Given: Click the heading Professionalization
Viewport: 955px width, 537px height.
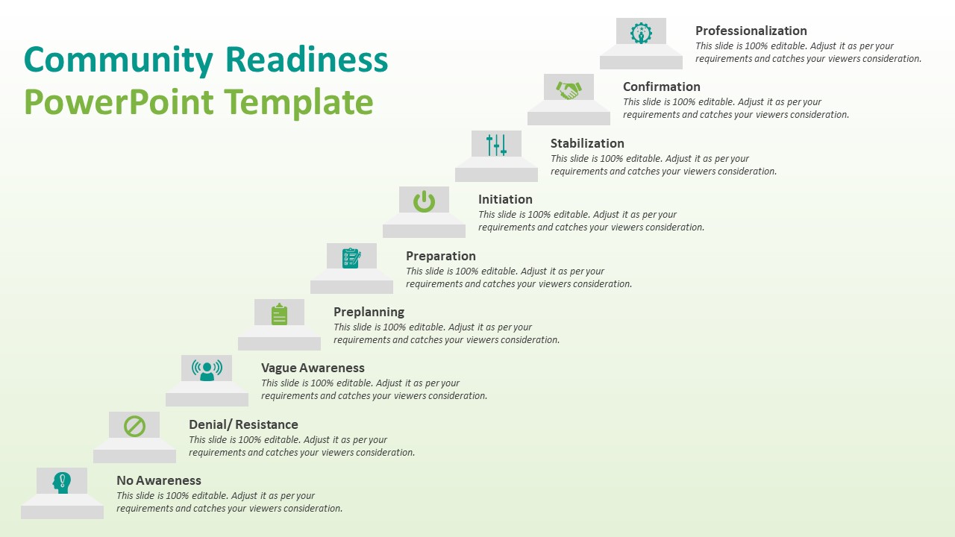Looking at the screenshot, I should [751, 31].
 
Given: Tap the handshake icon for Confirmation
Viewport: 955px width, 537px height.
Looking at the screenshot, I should [569, 89].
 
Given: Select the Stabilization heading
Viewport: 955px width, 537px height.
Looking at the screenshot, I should [587, 143].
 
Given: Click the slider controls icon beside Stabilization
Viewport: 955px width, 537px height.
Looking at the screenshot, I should [496, 145].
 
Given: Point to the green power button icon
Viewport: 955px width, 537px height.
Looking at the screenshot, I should [424, 201].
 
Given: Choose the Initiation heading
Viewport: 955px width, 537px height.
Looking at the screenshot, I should [505, 199].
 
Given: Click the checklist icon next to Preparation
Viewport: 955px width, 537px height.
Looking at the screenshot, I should [351, 258].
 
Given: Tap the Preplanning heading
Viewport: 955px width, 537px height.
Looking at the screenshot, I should [369, 312].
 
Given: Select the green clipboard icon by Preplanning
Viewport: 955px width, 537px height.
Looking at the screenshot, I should [279, 314].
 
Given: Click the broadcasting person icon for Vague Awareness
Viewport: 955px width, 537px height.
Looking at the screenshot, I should [207, 369].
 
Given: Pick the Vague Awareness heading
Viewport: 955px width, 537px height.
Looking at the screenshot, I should [313, 368].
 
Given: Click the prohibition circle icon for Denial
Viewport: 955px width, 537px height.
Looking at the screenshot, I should [134, 427].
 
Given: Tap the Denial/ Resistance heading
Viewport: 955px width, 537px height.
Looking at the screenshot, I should [243, 424].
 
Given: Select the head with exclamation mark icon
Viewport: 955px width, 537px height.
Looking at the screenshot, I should [62, 483].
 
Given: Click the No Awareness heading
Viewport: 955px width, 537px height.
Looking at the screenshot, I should [159, 480].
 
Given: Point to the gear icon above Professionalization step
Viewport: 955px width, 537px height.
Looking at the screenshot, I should [641, 33].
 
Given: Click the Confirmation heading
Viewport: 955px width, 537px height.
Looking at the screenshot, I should [661, 87].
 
